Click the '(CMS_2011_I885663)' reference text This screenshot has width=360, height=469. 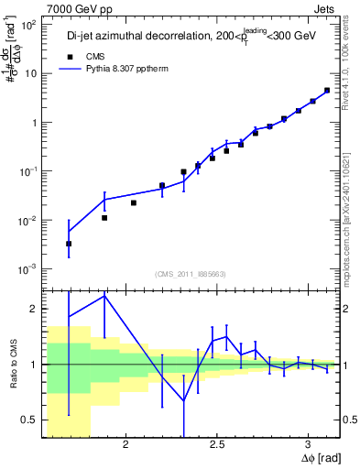click(191, 273)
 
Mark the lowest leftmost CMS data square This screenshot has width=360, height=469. click(69, 244)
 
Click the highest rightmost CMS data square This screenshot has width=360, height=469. click(327, 91)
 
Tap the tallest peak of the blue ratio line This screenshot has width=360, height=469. click(104, 295)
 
